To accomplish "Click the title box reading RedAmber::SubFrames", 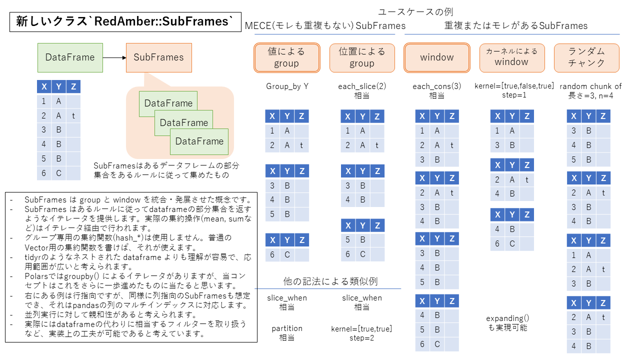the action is pos(125,21).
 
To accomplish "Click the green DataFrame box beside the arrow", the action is pos(70,57).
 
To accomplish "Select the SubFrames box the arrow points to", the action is pos(159,57).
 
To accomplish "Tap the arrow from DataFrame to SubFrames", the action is pos(114,57).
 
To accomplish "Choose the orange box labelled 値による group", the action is pos(286,57).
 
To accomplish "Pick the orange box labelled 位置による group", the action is pos(362,57).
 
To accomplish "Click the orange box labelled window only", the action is pos(437,57).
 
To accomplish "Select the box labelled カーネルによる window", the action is pos(512,57).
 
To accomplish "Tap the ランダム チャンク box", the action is pos(586,57).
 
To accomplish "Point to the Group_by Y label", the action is pos(287,86).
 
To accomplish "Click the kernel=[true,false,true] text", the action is pos(514,85).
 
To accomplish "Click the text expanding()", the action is pos(507,318).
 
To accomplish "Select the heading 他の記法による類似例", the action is pos(330,281).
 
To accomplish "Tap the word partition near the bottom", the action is pos(287,328).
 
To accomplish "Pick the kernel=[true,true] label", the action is pos(361,329).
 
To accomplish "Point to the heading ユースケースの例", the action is pos(415,12).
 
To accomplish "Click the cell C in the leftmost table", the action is pos(58,173).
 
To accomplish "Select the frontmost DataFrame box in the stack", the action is pos(199,141).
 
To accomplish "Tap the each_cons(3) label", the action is pos(437,86).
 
